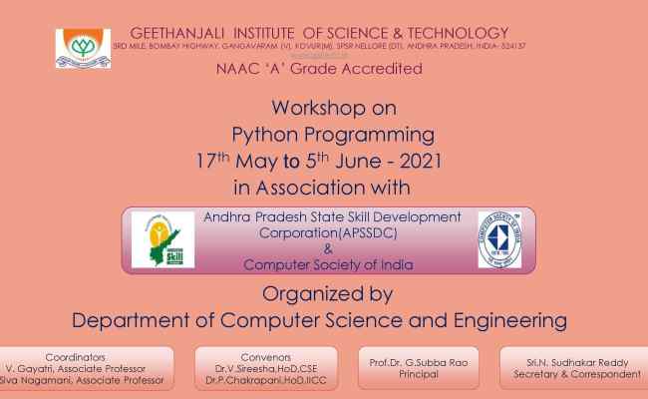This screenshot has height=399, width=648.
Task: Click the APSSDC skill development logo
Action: [x=162, y=239]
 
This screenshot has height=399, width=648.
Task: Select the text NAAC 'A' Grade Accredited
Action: [x=319, y=69]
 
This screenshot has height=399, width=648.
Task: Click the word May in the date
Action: [x=261, y=160]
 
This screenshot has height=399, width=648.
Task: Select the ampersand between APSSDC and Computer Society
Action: [x=328, y=248]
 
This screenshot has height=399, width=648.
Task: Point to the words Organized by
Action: [x=328, y=293]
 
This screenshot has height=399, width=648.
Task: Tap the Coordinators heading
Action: [x=76, y=356]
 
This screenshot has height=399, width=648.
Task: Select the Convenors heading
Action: [x=266, y=356]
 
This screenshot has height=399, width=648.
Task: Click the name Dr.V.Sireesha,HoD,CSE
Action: [x=266, y=368]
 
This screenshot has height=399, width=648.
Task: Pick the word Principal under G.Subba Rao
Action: [x=418, y=374]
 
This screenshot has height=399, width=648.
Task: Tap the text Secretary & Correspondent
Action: [x=577, y=374]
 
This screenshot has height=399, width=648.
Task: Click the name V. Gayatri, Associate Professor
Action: [x=76, y=368]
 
